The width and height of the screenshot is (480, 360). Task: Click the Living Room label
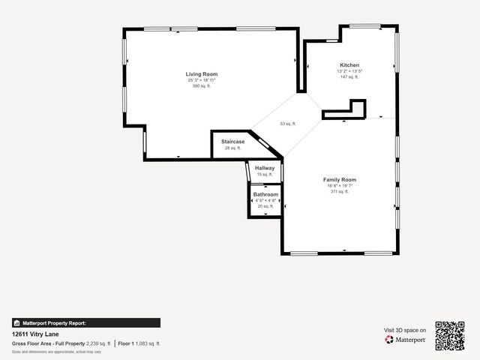202,74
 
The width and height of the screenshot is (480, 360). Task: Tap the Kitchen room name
349,65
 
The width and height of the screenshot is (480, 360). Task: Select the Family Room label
339,180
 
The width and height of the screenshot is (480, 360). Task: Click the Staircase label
232,142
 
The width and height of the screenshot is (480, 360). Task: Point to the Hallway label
265,168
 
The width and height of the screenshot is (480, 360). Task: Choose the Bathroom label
265,194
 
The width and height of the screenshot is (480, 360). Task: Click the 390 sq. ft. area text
202,86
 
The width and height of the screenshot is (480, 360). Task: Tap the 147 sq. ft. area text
349,77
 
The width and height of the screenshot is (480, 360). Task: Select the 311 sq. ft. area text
339,192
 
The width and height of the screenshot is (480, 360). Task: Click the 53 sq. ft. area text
288,124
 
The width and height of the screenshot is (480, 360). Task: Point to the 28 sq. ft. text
232,148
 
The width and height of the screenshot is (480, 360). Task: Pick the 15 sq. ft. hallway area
265,175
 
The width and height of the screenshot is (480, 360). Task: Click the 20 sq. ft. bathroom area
265,206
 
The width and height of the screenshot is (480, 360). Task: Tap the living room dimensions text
202,80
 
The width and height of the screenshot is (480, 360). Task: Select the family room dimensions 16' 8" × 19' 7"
339,186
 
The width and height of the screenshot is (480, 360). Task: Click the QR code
450,335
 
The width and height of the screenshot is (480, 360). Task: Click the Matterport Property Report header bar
85,323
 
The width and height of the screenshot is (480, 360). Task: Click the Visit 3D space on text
405,330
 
